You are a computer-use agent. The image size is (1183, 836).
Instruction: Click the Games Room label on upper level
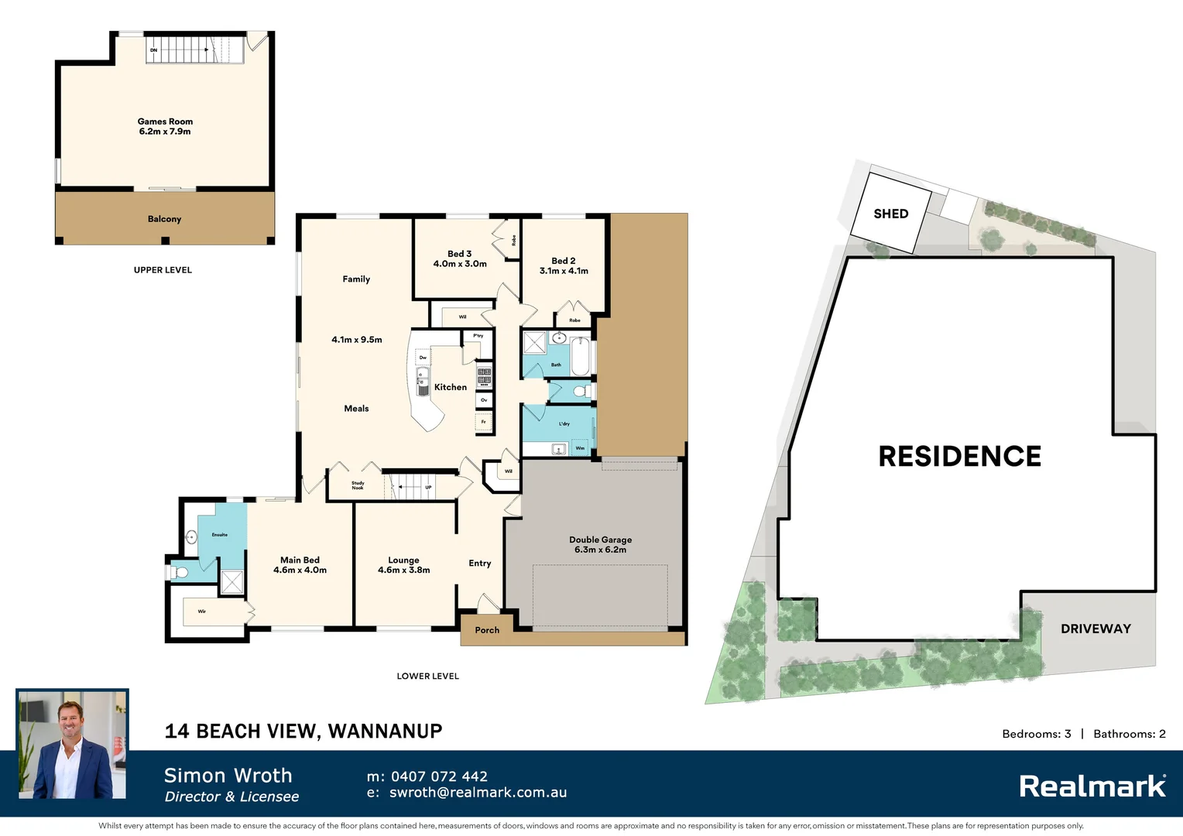tap(165, 122)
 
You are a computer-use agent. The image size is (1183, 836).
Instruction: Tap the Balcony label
tap(164, 219)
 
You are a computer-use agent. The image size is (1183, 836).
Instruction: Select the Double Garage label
tap(600, 540)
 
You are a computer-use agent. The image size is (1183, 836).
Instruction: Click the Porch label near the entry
tap(487, 630)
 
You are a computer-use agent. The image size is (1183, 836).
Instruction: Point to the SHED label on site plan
tap(890, 214)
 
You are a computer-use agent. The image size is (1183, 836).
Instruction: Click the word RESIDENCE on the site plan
tap(959, 457)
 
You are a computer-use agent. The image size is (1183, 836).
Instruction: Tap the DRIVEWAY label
tap(1096, 629)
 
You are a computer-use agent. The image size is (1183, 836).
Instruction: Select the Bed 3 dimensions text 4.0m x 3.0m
tap(460, 264)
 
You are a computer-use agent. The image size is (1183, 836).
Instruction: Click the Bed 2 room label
tap(563, 261)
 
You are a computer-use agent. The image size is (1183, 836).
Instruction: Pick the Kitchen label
tap(451, 387)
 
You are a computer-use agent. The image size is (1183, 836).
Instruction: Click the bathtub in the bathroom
tap(580, 356)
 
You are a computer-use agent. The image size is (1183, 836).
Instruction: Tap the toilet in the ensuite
tap(179, 573)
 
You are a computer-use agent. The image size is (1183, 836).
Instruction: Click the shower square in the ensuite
tap(232, 583)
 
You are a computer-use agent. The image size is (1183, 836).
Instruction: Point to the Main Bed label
tap(300, 560)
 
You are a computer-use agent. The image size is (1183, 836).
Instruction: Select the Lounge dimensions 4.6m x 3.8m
tap(403, 570)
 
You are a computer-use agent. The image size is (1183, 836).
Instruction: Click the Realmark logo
tap(1092, 786)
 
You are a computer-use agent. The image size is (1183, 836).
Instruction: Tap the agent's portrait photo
tap(73, 745)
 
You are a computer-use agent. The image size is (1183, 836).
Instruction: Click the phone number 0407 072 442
tap(439, 776)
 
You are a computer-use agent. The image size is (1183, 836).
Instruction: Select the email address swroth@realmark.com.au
tap(478, 793)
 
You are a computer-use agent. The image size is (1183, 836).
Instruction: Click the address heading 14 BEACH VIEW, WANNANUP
tap(303, 731)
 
